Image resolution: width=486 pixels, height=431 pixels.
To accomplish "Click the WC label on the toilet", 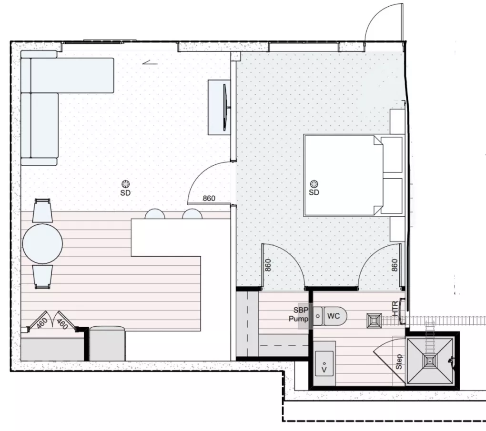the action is (334, 316).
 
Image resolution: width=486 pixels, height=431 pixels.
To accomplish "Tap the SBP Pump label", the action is (299, 314).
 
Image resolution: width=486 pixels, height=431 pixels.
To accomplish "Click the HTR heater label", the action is (395, 309).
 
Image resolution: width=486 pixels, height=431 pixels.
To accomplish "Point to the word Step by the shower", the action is (399, 361).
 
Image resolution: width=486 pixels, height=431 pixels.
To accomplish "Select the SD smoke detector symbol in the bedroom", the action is (314, 184).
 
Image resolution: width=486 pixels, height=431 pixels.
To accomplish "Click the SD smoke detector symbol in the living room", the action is (125, 184).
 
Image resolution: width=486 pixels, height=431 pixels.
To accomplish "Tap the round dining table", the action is (42, 243).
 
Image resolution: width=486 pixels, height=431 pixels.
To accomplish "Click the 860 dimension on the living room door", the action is (209, 198).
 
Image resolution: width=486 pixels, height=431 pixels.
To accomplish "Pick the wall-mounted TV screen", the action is (226, 108).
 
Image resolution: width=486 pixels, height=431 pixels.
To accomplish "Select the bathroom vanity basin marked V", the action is (324, 363).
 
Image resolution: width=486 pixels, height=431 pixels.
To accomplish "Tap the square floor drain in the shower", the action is (430, 361).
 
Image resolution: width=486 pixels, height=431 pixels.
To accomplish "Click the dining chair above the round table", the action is (42, 210).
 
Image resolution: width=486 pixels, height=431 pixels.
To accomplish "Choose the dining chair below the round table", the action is (42, 277).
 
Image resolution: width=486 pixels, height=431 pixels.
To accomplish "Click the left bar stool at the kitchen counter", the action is (155, 214).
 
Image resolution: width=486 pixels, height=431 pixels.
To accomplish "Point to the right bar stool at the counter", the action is (192, 214).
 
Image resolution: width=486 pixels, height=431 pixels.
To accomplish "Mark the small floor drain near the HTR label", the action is (375, 321).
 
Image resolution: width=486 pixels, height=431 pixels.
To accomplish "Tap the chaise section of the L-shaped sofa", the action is (72, 75).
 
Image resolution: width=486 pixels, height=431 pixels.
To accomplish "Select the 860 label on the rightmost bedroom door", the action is (394, 265).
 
